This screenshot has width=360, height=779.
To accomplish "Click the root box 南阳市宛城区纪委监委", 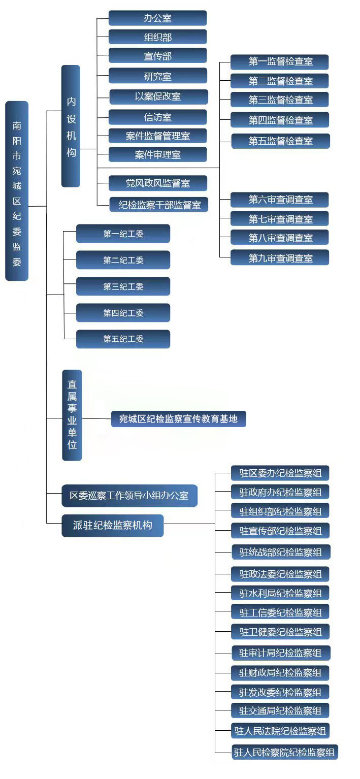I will [x=17, y=191].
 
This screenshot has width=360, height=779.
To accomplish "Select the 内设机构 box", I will [x=71, y=126].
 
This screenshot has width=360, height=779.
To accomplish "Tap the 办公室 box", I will [x=157, y=18].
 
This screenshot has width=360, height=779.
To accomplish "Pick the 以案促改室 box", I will [x=158, y=96].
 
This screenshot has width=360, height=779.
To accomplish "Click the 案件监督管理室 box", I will [x=157, y=136].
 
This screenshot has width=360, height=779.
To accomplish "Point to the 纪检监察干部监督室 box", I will [x=159, y=205].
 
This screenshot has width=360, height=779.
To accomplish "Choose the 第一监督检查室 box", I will [x=280, y=62].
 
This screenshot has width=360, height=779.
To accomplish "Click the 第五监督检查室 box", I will [x=280, y=141].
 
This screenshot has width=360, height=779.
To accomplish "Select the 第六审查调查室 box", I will [x=280, y=200].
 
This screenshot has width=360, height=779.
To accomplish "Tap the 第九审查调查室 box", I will [x=280, y=258].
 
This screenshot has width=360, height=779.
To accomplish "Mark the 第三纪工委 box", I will [x=123, y=286].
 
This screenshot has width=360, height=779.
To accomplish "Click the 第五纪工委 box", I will [x=123, y=339].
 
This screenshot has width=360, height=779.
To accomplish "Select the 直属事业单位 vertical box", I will [x=72, y=415].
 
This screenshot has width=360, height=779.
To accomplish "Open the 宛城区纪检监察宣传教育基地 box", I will [x=178, y=419].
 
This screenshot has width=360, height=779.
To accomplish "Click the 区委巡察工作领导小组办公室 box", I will [x=129, y=496].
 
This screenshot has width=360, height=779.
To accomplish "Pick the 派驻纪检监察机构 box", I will [x=113, y=526].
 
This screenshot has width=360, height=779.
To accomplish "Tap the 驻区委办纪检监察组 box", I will [x=280, y=473].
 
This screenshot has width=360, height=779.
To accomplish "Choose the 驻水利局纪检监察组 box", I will [x=280, y=593].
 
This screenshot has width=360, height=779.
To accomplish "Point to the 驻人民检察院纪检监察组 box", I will [x=284, y=752].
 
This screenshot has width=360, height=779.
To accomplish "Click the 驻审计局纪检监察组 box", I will [x=280, y=653].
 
